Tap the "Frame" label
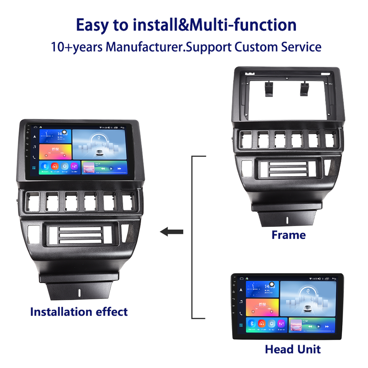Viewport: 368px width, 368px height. (x=288, y=235)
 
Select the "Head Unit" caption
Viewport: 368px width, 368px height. (x=292, y=349)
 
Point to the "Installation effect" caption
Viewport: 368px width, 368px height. (x=79, y=312)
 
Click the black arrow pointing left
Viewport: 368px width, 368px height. (x=171, y=232)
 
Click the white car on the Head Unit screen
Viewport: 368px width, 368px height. (x=308, y=308)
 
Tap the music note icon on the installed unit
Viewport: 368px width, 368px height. (x=34, y=146)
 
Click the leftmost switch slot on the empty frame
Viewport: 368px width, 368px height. (x=246, y=140)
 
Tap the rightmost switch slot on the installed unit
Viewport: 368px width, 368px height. (x=128, y=202)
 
